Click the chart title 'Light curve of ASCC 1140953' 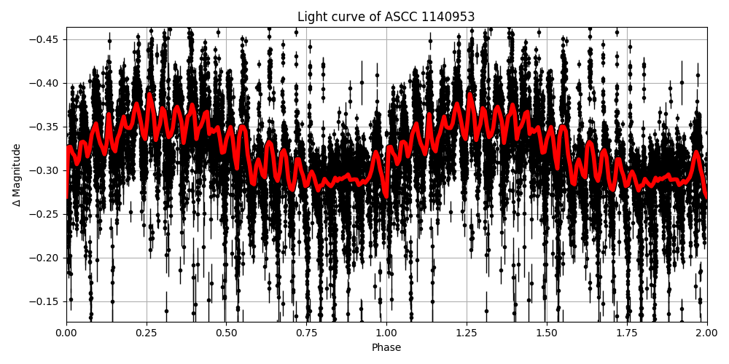386,17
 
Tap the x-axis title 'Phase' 386,348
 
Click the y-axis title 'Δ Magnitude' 17,175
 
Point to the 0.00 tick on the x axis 66,333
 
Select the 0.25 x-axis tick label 147,333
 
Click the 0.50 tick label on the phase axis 227,333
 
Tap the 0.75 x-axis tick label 306,333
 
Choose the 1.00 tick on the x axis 386,333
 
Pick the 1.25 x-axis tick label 467,333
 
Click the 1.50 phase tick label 547,333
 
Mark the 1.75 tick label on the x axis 627,333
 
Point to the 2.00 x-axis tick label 706,333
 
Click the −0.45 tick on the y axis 47,39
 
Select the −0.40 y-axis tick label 47,83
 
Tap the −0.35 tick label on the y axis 47,127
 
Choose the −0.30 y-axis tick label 47,170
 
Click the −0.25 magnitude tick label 47,214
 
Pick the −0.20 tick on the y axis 47,258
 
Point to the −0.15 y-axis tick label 47,301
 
